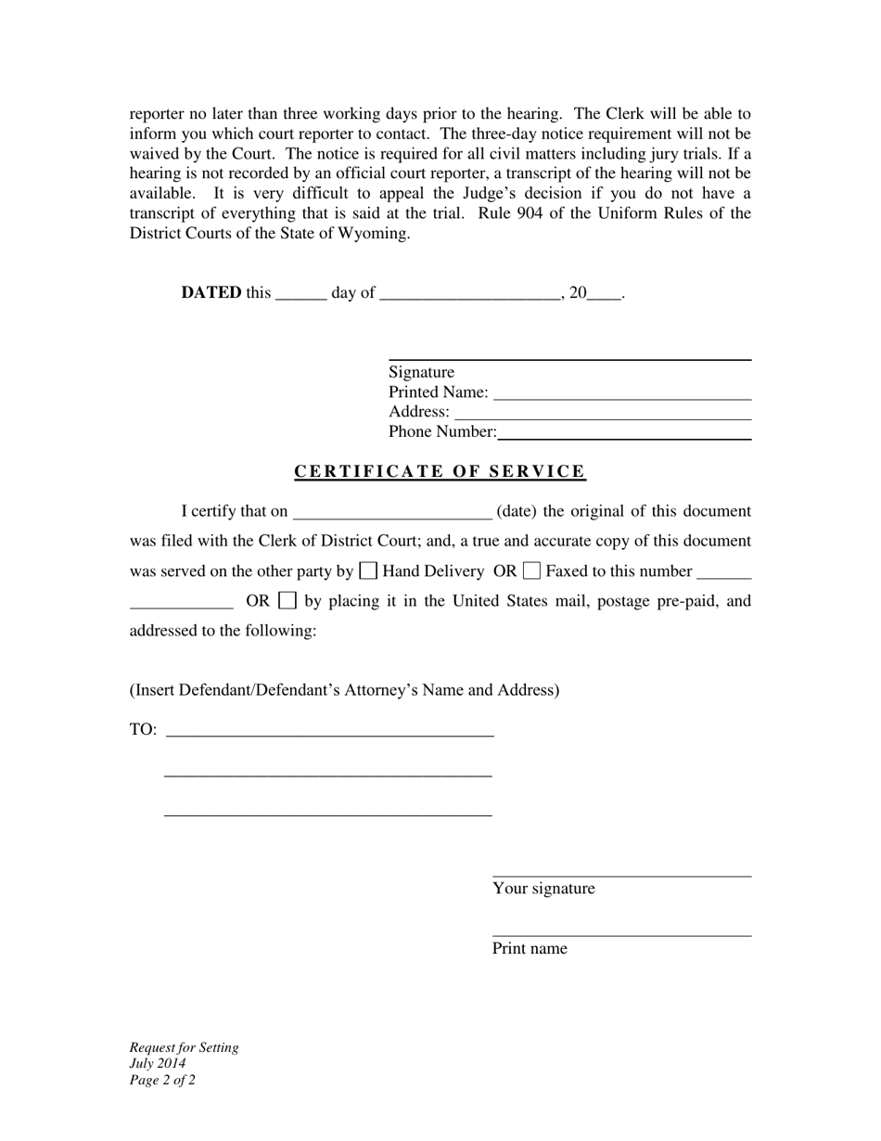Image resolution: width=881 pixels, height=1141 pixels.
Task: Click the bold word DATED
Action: [x=211, y=293]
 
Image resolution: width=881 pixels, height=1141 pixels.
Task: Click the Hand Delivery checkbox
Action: [x=368, y=570]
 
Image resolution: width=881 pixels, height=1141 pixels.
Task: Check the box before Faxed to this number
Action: [x=531, y=570]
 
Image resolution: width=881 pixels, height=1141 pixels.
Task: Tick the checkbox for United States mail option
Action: [x=287, y=600]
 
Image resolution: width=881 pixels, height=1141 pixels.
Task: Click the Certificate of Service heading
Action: [x=440, y=471]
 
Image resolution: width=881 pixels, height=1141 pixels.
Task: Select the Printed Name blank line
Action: [x=621, y=393]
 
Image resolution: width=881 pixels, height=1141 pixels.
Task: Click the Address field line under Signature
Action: [x=603, y=413]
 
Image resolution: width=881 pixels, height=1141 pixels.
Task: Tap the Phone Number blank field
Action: [x=623, y=432]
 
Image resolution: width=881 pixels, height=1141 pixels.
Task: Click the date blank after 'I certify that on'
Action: [x=391, y=513]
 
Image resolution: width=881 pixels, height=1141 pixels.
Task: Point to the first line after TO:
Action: [x=329, y=731]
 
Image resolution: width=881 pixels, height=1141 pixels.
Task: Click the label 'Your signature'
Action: [x=543, y=889]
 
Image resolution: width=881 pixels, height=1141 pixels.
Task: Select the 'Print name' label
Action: [x=530, y=949]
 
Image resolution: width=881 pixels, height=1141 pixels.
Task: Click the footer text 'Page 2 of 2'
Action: [x=162, y=1080]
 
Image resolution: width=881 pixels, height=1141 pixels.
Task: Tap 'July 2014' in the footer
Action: [x=158, y=1064]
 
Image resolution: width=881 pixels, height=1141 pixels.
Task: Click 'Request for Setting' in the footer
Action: [x=184, y=1048]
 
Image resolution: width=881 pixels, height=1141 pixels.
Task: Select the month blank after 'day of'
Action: [x=470, y=295]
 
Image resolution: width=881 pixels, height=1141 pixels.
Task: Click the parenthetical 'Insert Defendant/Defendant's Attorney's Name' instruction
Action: [x=344, y=690]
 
